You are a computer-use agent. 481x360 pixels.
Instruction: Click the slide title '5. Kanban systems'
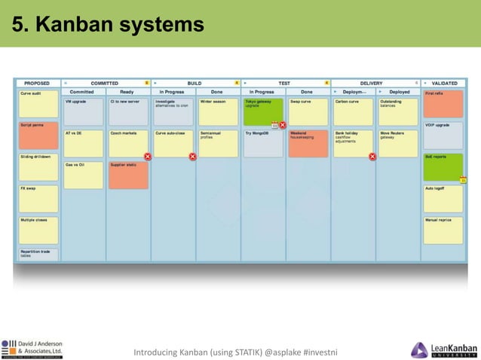(108, 25)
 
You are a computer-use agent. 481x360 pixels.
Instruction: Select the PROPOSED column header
(37, 83)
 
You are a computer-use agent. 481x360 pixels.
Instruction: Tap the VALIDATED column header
(443, 83)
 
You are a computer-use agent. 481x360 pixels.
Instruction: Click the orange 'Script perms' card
(38, 134)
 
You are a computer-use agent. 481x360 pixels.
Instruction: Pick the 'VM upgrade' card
(83, 111)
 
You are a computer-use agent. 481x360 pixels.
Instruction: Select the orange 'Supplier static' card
(127, 174)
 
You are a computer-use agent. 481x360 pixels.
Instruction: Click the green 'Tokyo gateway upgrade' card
(263, 111)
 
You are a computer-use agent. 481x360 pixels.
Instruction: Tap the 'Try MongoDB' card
(263, 142)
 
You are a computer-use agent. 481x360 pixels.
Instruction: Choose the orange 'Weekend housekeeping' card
(308, 142)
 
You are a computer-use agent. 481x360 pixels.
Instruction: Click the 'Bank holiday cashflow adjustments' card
(353, 142)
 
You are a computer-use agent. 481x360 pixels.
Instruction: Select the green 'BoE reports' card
(443, 166)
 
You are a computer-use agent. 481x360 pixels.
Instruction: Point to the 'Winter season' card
(218, 111)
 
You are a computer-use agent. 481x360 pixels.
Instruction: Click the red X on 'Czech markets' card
(148, 156)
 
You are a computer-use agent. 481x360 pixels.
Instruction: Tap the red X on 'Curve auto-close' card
(193, 156)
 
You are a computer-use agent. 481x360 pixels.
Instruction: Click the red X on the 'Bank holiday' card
(372, 157)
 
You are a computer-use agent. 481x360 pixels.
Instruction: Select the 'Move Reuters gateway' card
(398, 142)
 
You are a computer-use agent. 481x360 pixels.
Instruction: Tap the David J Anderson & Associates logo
(32, 349)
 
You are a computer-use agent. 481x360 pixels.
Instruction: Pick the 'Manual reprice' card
(443, 230)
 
